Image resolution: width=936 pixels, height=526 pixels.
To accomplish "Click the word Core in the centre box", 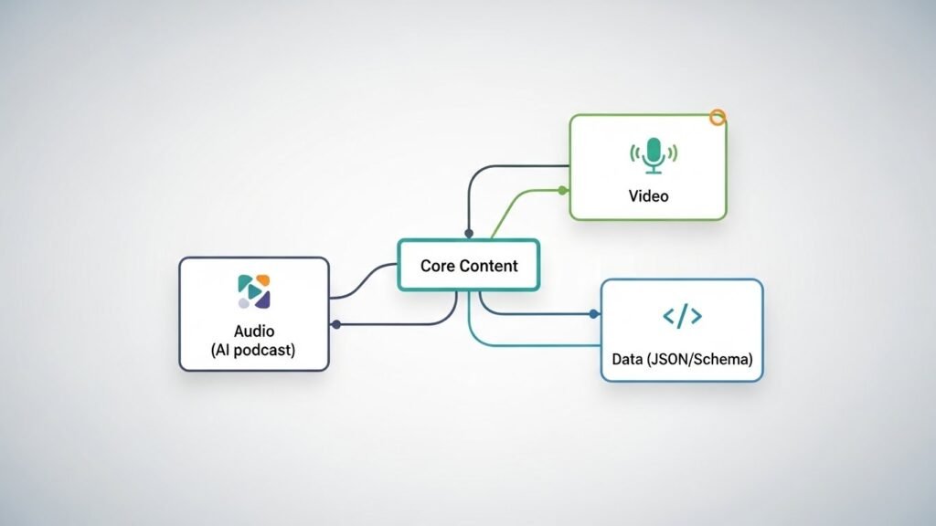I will [x=437, y=266].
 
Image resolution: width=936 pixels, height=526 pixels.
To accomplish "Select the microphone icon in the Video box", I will [x=653, y=154].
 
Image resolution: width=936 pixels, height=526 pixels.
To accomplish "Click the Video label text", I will [x=648, y=196].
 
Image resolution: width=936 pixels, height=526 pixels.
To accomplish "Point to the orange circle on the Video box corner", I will [x=718, y=117].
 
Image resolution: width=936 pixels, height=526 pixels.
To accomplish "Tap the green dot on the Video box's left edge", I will [x=564, y=190].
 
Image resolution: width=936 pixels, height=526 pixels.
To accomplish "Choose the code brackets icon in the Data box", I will [x=682, y=317].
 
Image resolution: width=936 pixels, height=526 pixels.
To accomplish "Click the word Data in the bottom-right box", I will [x=628, y=360].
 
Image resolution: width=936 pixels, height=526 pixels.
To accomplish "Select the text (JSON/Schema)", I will [x=701, y=360].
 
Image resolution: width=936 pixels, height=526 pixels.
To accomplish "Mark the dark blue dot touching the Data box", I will [x=594, y=314].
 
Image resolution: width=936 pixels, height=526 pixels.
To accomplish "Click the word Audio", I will [x=254, y=331].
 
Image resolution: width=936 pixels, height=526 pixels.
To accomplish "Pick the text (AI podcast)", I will [x=253, y=351].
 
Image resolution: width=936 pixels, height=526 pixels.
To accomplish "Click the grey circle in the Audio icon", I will [x=243, y=302].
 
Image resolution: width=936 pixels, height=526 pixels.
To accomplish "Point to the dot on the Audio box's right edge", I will [x=335, y=324].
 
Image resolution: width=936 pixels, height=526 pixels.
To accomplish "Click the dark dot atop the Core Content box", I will [x=469, y=234].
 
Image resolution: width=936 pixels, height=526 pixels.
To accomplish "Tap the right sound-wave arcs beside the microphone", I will [x=674, y=154].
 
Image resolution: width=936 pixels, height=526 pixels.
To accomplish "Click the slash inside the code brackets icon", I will [x=682, y=317].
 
